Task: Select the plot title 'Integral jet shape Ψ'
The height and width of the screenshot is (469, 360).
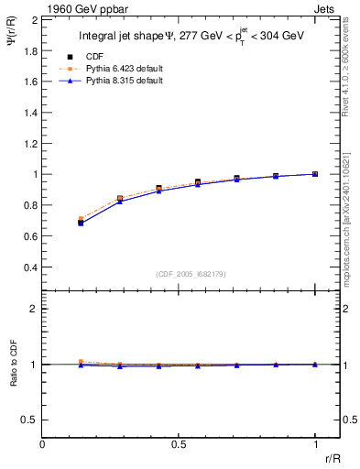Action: (x=137, y=38)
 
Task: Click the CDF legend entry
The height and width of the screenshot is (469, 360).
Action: (x=108, y=57)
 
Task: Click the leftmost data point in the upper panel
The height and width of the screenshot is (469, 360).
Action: (x=82, y=222)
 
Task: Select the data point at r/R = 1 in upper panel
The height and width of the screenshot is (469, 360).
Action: (x=315, y=174)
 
